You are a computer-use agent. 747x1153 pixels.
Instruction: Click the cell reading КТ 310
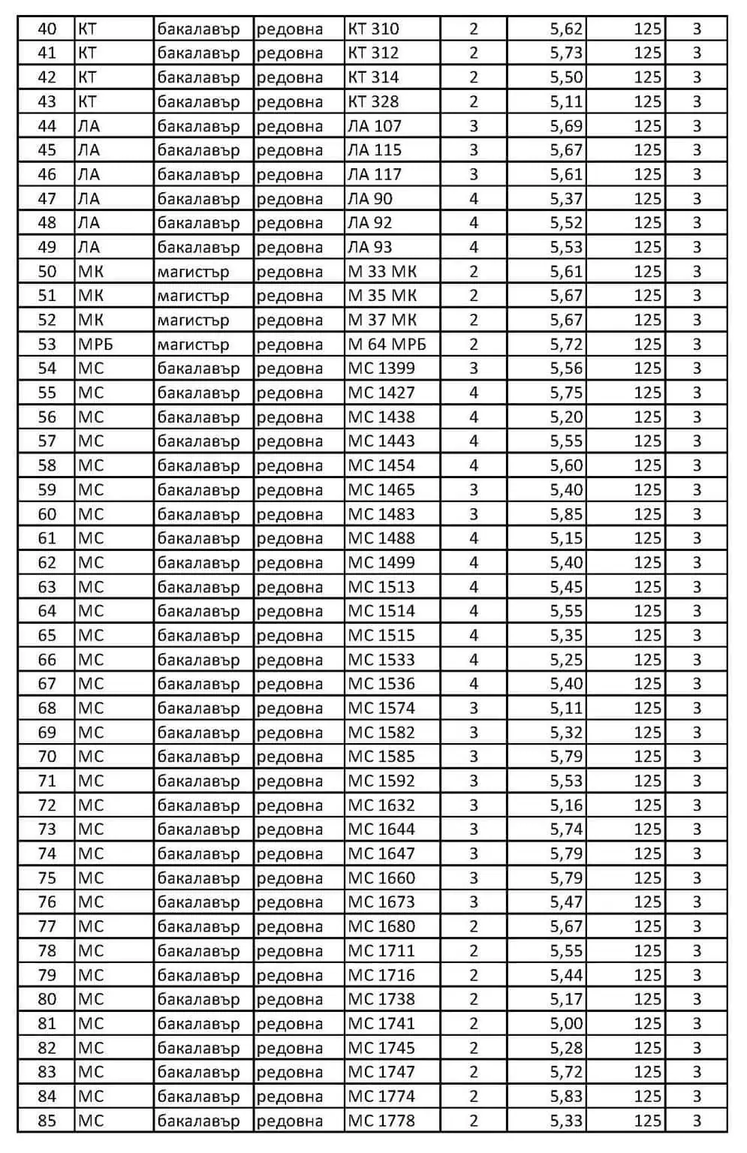373,29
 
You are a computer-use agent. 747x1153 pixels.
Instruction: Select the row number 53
47,345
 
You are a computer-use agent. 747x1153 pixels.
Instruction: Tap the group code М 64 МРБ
387,345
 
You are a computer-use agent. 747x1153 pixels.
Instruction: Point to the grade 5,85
566,514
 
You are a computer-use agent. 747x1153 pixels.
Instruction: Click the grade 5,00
566,1023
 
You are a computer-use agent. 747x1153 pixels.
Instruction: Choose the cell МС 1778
381,1121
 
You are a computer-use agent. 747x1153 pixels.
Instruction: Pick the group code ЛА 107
375,126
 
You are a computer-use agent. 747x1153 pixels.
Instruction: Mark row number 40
47,29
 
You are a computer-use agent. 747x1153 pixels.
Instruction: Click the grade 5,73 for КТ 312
566,53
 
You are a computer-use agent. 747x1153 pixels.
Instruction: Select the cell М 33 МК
382,272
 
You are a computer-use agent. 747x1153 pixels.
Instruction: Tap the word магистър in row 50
193,272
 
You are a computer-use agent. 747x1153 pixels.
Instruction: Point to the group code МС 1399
381,369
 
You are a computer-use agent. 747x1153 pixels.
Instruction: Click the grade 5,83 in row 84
566,1096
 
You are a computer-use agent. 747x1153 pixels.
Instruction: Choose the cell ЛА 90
370,199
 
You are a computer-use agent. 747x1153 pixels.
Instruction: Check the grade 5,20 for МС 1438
566,417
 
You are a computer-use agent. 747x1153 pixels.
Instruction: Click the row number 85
47,1121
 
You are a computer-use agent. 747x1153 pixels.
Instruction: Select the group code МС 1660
381,878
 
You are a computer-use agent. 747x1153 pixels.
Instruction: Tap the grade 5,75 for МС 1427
566,393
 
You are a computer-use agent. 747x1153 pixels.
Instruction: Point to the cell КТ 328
373,102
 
